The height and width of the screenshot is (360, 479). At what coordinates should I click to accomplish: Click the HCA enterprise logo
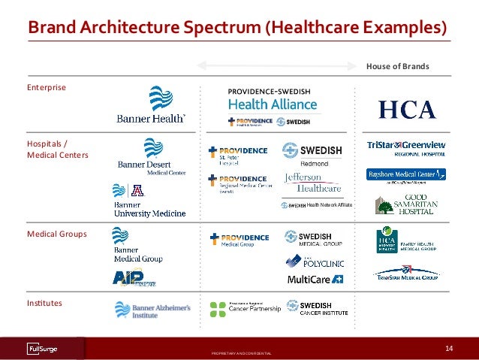point(407,110)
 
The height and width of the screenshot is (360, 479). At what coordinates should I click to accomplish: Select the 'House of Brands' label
point(397,66)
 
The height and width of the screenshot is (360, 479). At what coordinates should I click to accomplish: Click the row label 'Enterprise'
point(46,87)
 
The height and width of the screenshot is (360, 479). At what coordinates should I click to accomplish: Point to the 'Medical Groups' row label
point(56,234)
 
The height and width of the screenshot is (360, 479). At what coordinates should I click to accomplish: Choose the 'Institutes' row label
point(44,303)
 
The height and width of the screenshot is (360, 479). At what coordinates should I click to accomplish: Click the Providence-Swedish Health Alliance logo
point(274,107)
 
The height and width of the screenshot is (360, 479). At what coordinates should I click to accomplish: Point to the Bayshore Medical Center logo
point(406,174)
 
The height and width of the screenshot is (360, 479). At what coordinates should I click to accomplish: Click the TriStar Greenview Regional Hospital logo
point(406,147)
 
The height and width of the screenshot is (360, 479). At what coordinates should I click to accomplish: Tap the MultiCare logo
point(315,280)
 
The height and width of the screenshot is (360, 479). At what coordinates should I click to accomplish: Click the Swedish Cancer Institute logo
point(316,307)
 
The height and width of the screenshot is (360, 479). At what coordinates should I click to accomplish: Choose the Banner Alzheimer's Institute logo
point(152,310)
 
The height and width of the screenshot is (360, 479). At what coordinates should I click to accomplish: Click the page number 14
point(450,347)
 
